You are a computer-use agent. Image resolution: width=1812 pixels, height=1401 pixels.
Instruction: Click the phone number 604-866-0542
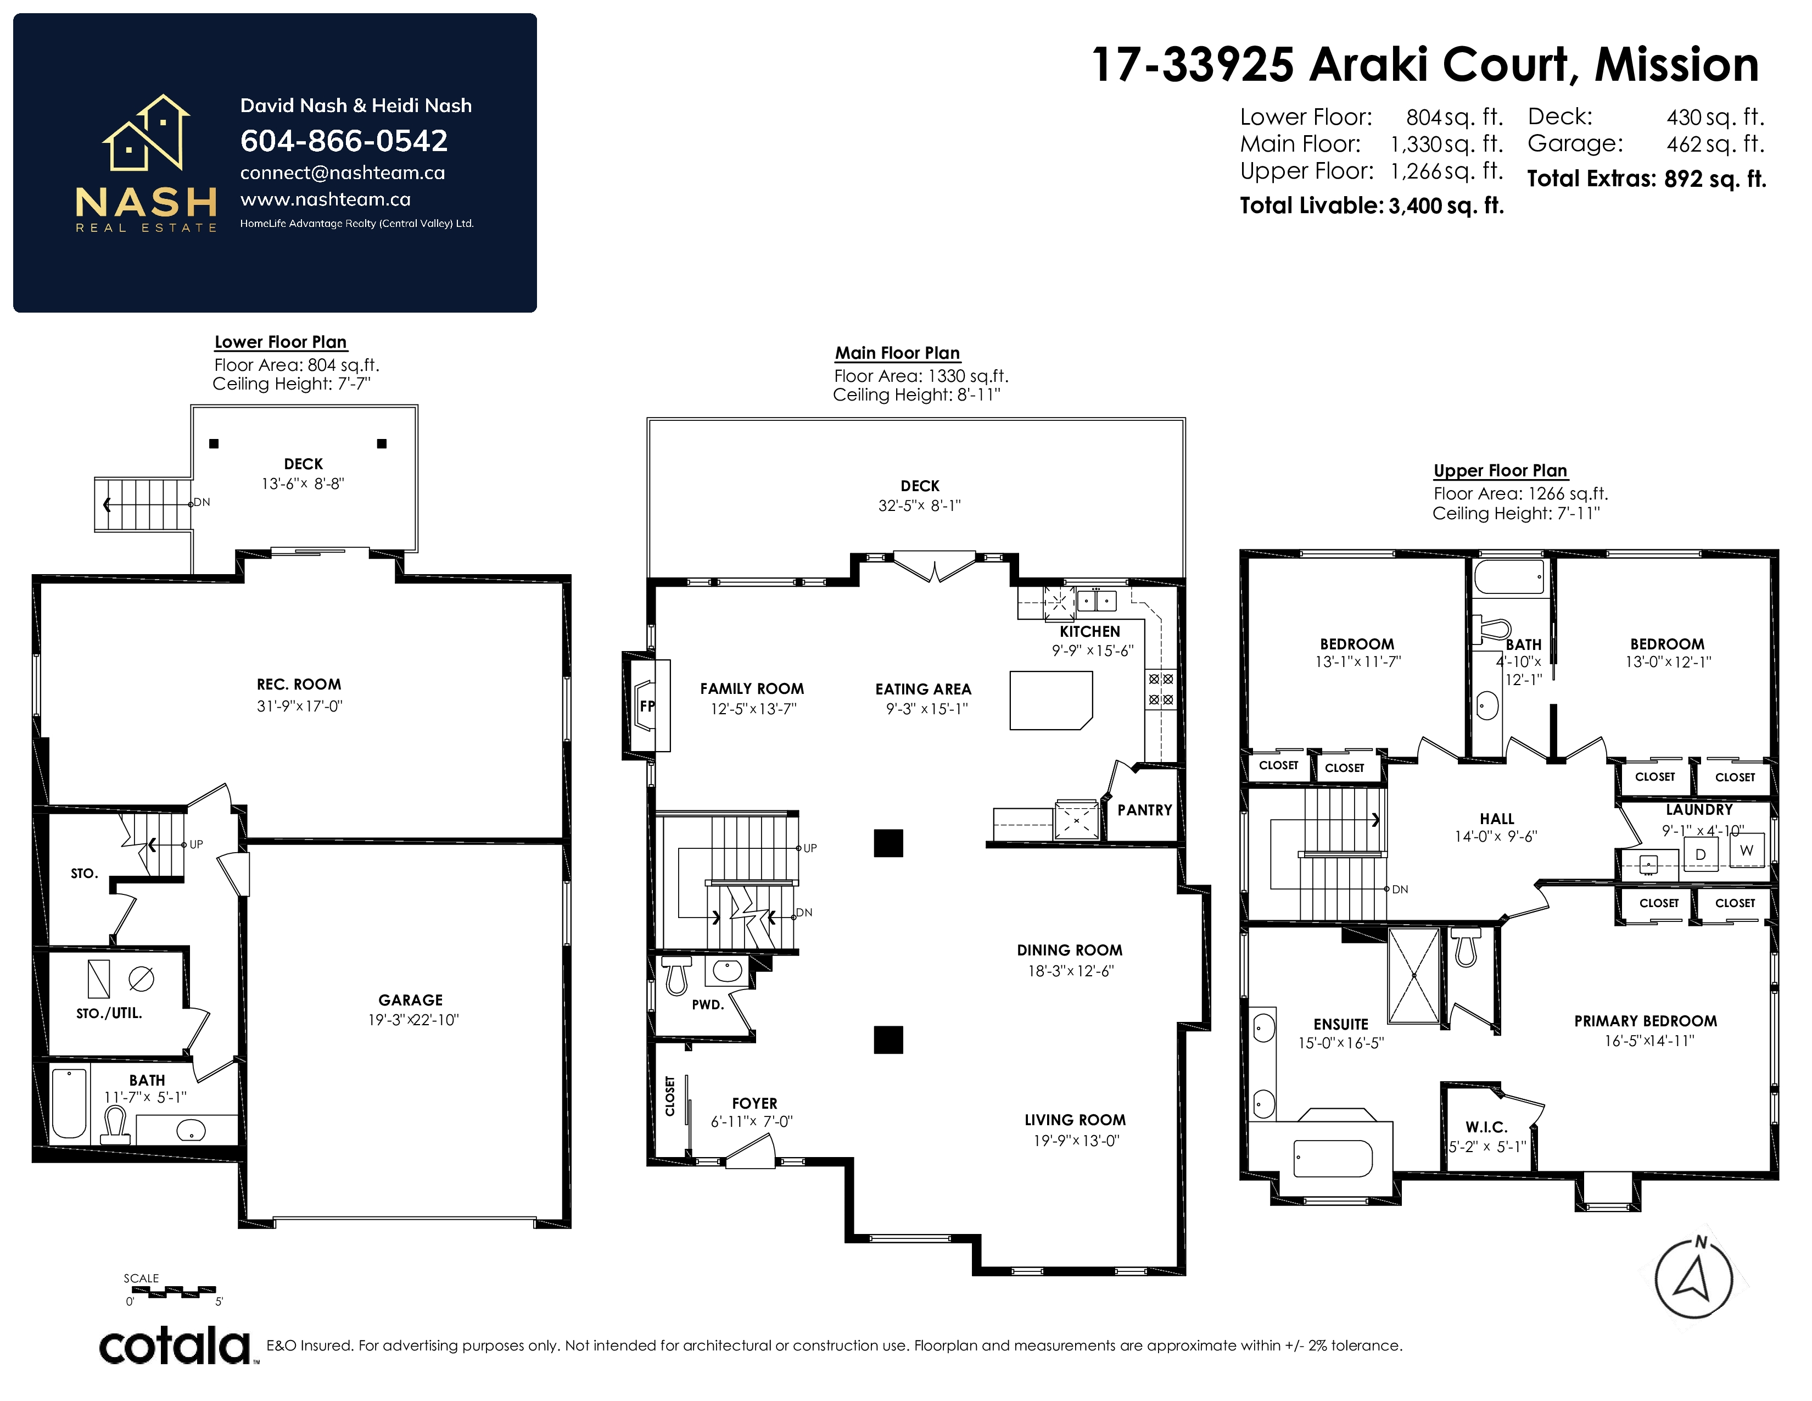(344, 141)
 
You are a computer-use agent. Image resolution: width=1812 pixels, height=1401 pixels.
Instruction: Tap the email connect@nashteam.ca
(343, 173)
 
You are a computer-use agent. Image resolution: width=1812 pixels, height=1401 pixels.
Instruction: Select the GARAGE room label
(411, 1000)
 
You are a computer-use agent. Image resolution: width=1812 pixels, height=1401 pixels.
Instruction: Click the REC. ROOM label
(299, 685)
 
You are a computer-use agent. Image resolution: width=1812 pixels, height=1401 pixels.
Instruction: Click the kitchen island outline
(1050, 700)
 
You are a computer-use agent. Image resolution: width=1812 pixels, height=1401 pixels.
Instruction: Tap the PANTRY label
(1144, 810)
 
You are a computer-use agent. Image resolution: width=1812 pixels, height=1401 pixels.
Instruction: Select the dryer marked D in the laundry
(1700, 854)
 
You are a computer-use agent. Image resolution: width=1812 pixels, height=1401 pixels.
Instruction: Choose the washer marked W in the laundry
(1747, 850)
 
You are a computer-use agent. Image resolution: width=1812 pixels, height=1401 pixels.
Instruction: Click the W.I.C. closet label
(1486, 1127)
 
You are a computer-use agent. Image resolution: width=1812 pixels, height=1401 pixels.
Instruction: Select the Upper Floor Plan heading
(1500, 471)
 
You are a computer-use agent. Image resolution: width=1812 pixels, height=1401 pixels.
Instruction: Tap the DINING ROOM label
(1070, 950)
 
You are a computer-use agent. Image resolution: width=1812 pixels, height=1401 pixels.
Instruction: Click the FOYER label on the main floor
(754, 1103)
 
